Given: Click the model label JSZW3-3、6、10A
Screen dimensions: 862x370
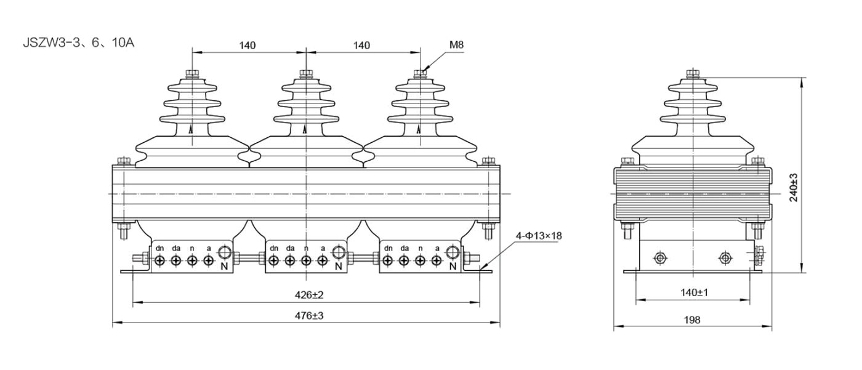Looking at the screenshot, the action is click(79, 42).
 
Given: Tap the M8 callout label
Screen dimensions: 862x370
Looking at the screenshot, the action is click(456, 45).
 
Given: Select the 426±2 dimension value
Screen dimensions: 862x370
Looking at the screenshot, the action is click(309, 295).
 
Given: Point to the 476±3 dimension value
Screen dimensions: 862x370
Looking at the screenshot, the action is click(309, 316).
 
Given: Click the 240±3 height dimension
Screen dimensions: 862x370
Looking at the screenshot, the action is click(794, 188).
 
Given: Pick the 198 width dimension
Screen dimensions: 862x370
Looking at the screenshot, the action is click(692, 320).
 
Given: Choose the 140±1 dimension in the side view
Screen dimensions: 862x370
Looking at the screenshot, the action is click(695, 292).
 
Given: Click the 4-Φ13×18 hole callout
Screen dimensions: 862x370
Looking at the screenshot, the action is click(539, 236).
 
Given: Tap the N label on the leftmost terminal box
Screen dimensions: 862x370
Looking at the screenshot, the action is click(224, 266).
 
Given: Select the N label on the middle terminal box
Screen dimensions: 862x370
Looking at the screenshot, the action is click(339, 266).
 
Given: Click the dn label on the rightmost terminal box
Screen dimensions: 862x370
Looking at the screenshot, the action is click(389, 249).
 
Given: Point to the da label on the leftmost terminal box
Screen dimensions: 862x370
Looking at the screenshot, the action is click(176, 249).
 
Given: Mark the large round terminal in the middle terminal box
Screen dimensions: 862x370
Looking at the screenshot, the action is click(339, 252).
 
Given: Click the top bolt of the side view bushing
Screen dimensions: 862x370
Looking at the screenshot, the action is click(693, 74).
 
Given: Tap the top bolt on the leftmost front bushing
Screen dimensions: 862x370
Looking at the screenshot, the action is click(191, 74).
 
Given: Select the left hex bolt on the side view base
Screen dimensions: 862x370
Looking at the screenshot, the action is click(660, 258).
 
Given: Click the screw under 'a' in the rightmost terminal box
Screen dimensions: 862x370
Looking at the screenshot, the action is click(437, 261).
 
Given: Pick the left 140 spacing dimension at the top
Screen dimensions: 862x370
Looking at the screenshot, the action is click(247, 46).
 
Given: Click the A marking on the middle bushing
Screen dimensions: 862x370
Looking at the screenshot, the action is click(305, 130).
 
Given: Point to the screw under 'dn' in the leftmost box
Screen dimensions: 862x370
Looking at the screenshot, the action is click(159, 261).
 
